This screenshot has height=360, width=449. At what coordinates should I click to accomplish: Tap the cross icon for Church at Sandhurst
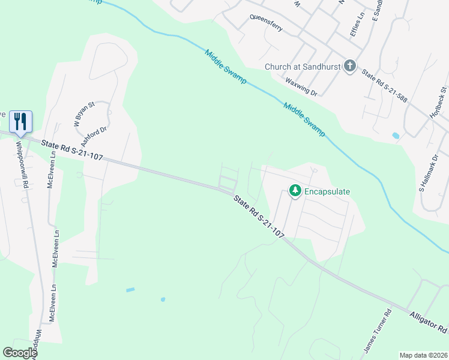point(350,67)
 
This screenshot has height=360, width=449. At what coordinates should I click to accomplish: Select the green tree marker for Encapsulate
point(295,191)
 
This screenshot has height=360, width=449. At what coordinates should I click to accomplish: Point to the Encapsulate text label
point(327,191)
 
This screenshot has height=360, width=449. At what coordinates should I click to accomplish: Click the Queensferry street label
point(266,25)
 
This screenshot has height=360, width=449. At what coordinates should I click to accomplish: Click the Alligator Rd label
point(429,322)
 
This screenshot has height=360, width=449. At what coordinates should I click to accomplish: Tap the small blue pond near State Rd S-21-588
point(396,136)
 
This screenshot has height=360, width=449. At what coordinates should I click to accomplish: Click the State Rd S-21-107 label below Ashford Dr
point(72,149)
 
